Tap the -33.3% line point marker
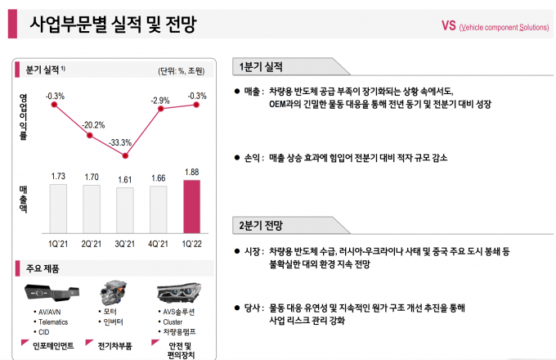pyautogui.click(x=125, y=155)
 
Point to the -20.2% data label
pyautogui.click(x=93, y=125)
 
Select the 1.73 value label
pyautogui.click(x=57, y=176)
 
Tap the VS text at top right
pyautogui.click(x=447, y=26)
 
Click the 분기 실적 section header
pyautogui.click(x=40, y=71)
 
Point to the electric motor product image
pyautogui.click(x=113, y=291)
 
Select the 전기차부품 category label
pyautogui.click(x=114, y=345)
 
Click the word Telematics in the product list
pyautogui.click(x=53, y=322)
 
